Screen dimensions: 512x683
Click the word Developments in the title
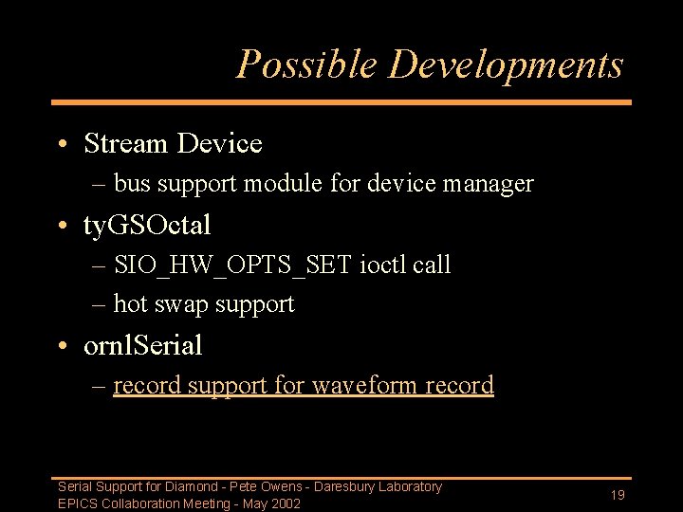point(506,64)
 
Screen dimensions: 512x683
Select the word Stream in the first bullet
point(124,144)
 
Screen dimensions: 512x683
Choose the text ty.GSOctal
point(147,225)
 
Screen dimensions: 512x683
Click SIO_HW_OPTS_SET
point(232,265)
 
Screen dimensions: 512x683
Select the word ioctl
point(384,265)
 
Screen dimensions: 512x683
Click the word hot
point(130,304)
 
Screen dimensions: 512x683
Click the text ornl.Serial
point(142,345)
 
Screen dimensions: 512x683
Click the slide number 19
point(617,495)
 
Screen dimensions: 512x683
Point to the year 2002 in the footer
point(285,503)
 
